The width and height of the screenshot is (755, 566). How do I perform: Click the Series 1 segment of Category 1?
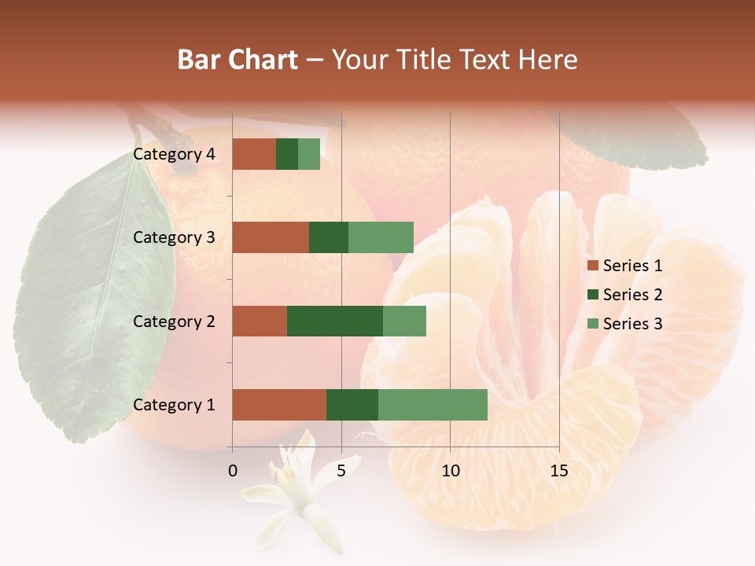[x=279, y=405]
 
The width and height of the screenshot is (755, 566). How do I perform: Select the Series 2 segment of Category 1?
[x=352, y=405]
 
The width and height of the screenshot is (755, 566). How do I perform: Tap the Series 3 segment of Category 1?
[x=433, y=405]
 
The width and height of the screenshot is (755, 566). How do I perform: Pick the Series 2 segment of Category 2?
[x=335, y=321]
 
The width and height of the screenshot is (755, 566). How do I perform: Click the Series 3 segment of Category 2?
[x=404, y=321]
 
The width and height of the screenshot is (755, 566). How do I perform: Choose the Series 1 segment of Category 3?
[x=271, y=237]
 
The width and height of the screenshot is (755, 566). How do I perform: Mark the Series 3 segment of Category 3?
[x=381, y=237]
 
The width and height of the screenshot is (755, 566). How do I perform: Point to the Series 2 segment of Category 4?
[x=287, y=154]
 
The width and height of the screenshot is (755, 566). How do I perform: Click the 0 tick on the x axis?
[x=232, y=471]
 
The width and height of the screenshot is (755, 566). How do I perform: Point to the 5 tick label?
[x=341, y=471]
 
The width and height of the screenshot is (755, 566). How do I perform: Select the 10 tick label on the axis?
[x=450, y=471]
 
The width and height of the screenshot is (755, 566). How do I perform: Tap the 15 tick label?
[x=558, y=471]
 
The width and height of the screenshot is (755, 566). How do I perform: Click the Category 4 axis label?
[x=174, y=154]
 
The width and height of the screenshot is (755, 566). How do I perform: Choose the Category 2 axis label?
[x=174, y=322]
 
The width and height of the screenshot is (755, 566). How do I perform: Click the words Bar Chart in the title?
[x=238, y=60]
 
